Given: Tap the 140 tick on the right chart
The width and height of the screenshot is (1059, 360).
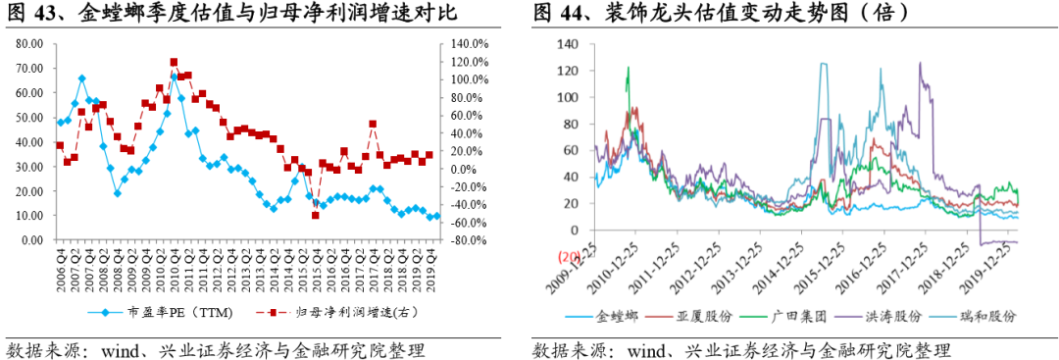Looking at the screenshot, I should (568, 44).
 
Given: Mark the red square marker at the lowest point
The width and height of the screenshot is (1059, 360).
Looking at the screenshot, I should (315, 215).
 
